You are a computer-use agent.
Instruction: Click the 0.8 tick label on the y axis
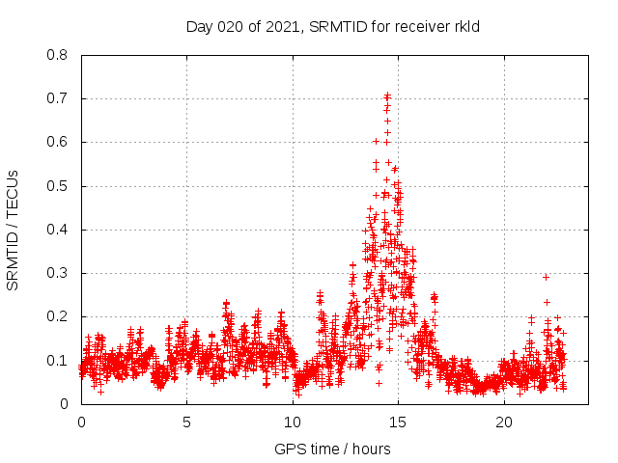pos(60,55)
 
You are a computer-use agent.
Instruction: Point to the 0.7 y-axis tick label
pos(60,98)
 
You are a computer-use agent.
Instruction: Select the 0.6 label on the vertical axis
pos(60,142)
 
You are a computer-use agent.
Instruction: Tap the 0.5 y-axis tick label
pos(60,185)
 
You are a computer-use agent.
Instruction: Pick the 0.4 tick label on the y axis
pos(60,230)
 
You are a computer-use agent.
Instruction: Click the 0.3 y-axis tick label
pos(60,273)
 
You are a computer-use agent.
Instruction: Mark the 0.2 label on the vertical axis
pos(60,316)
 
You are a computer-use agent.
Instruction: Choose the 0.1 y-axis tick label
pos(60,360)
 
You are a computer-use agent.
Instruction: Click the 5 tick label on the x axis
pos(186,422)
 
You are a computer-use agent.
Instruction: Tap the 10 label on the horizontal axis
pos(293,422)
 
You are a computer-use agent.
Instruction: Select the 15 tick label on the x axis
pos(398,422)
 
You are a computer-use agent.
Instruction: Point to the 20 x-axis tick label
pos(504,422)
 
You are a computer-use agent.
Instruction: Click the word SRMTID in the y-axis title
pos(14,258)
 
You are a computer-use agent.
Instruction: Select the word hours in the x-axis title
pos(371,449)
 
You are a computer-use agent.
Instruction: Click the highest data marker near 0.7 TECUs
pos(387,95)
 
